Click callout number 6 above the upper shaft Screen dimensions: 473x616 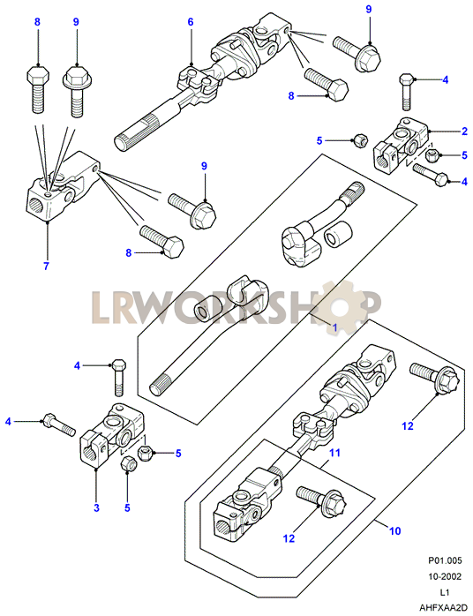(x=191, y=21)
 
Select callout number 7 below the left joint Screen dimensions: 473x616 (x=47, y=266)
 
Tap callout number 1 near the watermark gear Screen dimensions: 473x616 (x=335, y=327)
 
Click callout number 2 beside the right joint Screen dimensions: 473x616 (x=465, y=131)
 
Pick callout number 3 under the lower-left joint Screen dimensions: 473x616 (x=97, y=507)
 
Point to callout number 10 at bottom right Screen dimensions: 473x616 (x=394, y=530)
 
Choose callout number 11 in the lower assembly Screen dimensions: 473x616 (x=334, y=453)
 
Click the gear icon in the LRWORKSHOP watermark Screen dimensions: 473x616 (x=341, y=304)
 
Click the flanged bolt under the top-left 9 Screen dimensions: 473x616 (x=77, y=92)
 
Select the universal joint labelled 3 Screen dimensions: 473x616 (x=112, y=434)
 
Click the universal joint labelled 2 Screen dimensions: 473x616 (x=401, y=146)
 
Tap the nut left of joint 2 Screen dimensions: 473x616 (x=358, y=139)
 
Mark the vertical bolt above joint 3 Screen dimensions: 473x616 (x=119, y=377)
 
